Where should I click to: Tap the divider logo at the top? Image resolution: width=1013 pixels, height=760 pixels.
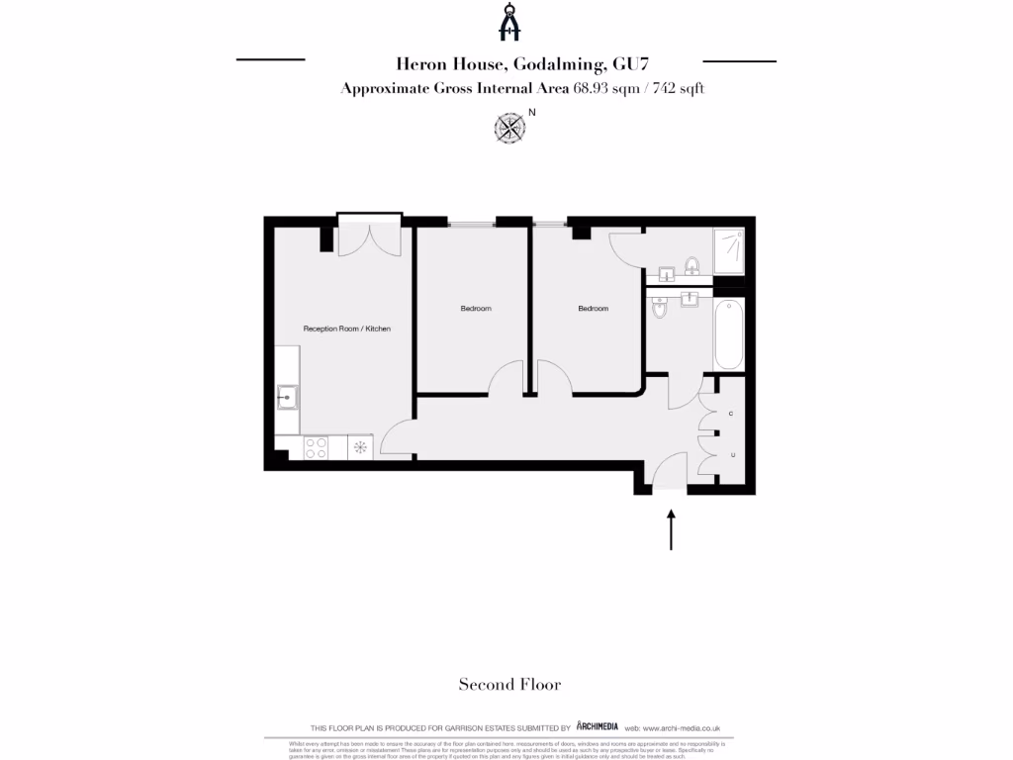click(x=508, y=23)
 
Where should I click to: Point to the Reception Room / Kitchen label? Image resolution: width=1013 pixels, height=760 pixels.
click(x=339, y=328)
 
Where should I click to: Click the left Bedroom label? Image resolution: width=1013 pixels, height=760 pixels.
click(x=475, y=309)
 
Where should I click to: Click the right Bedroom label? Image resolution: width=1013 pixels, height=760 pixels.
click(x=593, y=309)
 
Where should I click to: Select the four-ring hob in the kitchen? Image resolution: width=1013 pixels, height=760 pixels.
click(x=317, y=447)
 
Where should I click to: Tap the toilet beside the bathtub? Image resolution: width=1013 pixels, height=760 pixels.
click(x=660, y=310)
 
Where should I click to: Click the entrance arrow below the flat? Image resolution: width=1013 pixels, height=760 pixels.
click(x=672, y=529)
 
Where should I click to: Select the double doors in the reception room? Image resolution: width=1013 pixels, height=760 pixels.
click(x=368, y=238)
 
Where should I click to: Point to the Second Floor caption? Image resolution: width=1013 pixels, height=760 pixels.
click(x=509, y=684)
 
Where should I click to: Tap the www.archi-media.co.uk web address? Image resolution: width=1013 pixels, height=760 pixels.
click(x=687, y=727)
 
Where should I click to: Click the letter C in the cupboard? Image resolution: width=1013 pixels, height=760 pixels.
click(x=731, y=413)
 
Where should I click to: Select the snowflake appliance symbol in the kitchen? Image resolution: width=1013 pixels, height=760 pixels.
click(x=360, y=447)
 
